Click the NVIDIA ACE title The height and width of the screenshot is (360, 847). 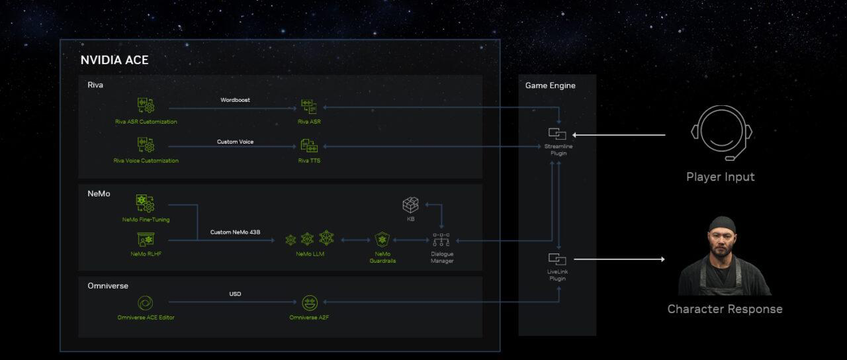pyautogui.click(x=114, y=60)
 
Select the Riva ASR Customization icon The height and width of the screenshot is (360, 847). pyautogui.click(x=146, y=106)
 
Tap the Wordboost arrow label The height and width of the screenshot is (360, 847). pyautogui.click(x=235, y=100)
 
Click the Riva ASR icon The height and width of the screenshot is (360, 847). pyautogui.click(x=309, y=107)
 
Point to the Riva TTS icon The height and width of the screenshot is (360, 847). pyautogui.click(x=309, y=146)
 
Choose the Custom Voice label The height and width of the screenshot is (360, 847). pyautogui.click(x=235, y=142)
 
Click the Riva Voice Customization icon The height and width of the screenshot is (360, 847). pyautogui.click(x=146, y=145)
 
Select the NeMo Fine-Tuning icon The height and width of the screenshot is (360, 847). pyautogui.click(x=145, y=203)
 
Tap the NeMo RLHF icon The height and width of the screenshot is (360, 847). pyautogui.click(x=146, y=240)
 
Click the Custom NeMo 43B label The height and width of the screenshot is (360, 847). pyautogui.click(x=235, y=232)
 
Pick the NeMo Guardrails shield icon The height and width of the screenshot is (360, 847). pyautogui.click(x=382, y=239)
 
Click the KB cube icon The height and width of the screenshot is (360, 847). pyautogui.click(x=411, y=205)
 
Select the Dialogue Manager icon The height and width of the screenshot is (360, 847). pyautogui.click(x=441, y=240)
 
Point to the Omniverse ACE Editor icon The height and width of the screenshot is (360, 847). pyautogui.click(x=145, y=303)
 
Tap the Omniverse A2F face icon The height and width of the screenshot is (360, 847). pyautogui.click(x=309, y=303)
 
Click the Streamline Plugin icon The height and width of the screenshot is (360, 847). pyautogui.click(x=557, y=134)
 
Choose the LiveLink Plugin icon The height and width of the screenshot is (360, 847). pyautogui.click(x=557, y=259)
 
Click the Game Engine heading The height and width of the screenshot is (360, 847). pyautogui.click(x=550, y=85)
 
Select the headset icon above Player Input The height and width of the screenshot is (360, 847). pyautogui.click(x=721, y=132)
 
